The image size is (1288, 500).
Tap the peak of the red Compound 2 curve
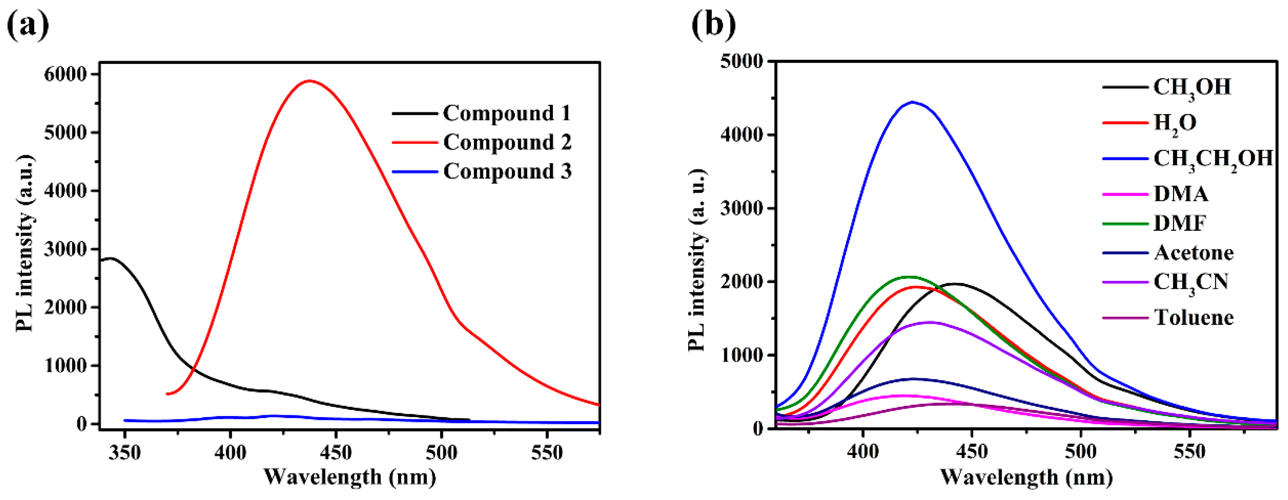(x=309, y=80)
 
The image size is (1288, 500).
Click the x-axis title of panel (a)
(x=350, y=477)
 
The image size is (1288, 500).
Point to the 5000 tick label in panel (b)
(x=742, y=62)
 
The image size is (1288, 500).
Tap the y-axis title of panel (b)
(x=698, y=260)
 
